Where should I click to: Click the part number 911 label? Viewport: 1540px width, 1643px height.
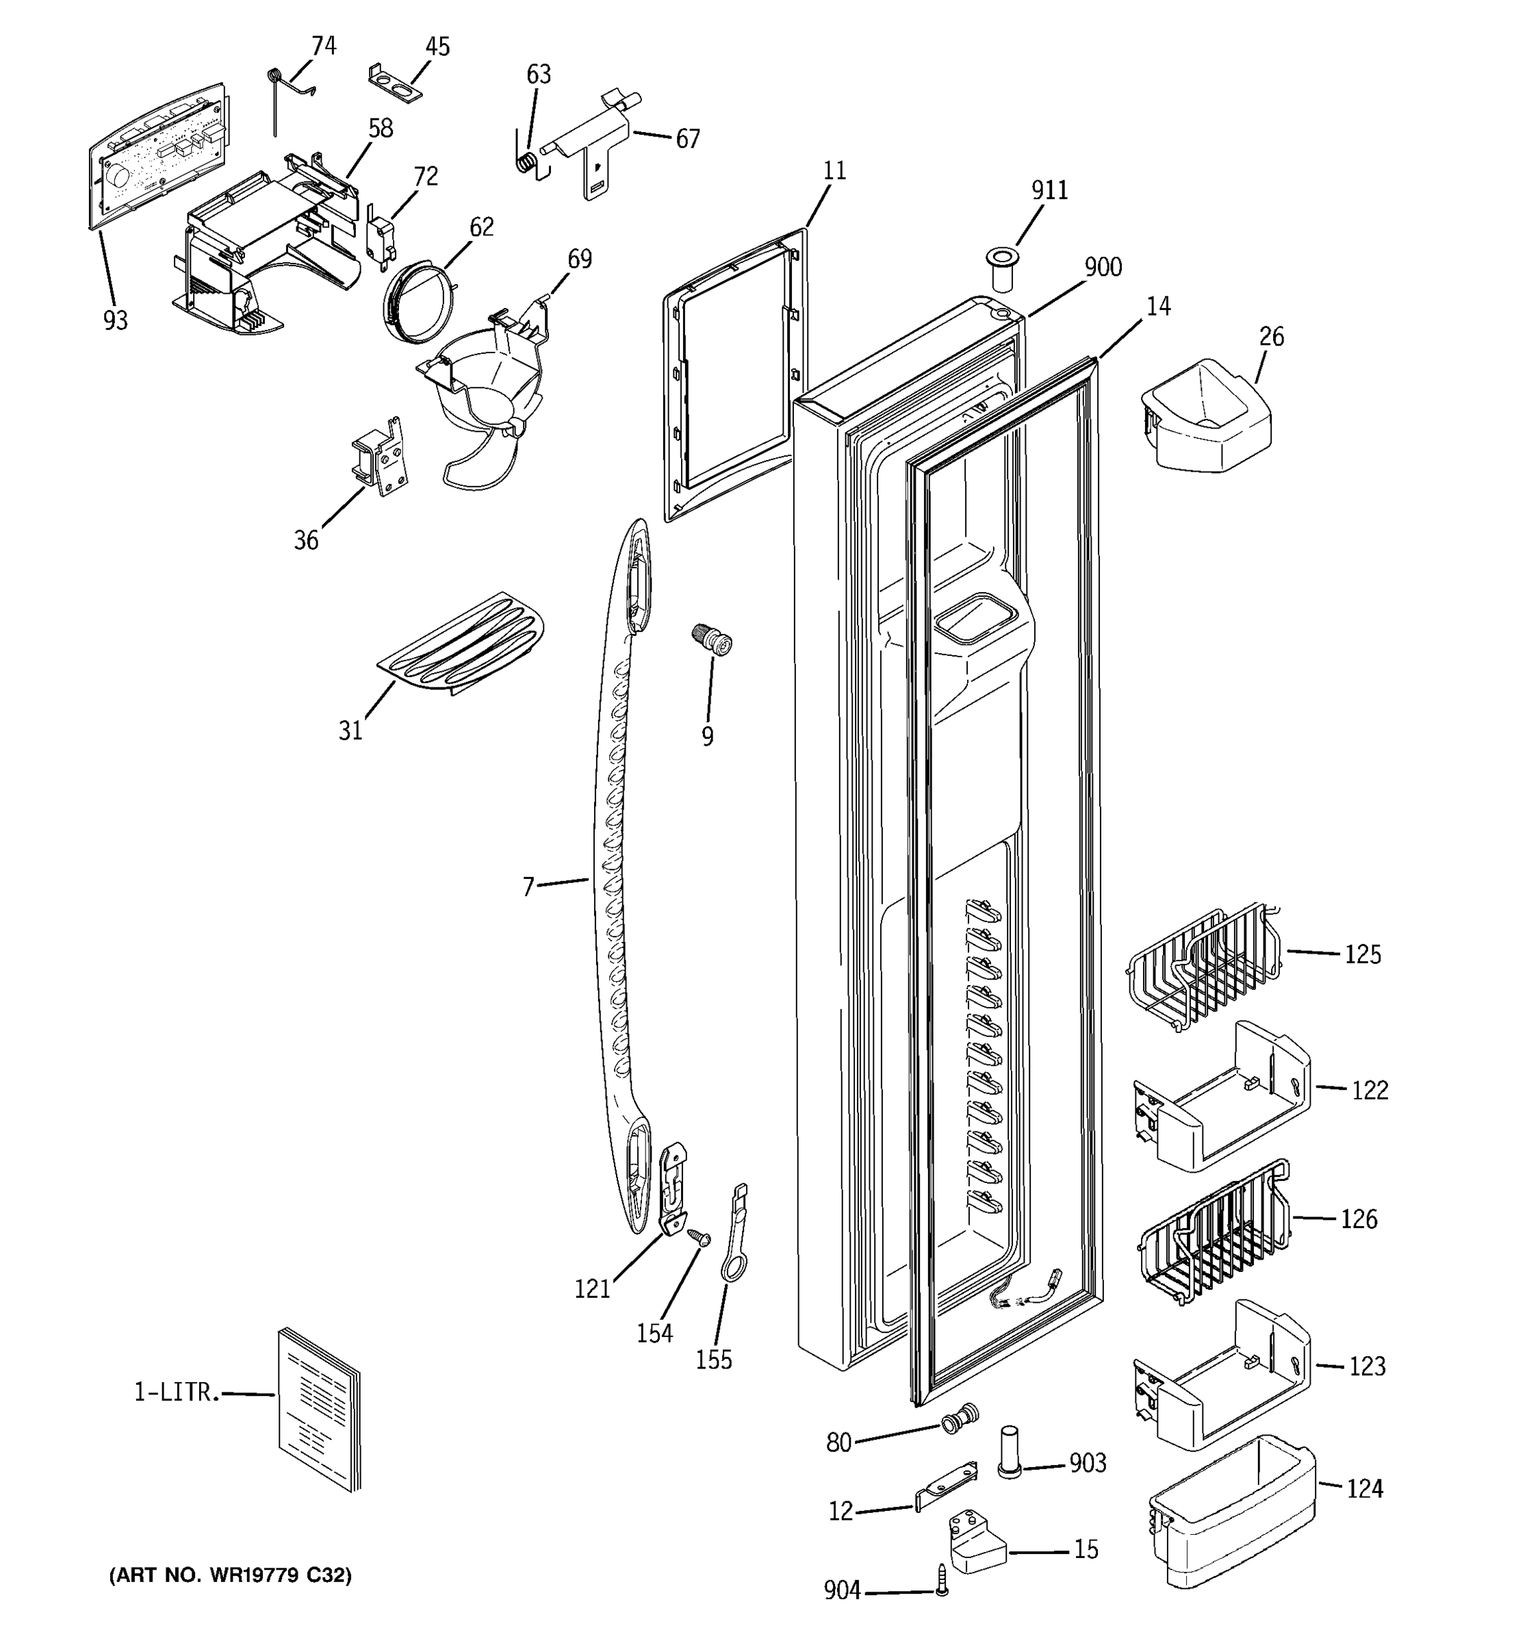pos(1049,190)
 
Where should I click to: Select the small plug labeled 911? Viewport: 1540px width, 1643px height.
pos(1001,268)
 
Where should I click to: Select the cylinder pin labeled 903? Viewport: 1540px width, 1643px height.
pos(1010,1451)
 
